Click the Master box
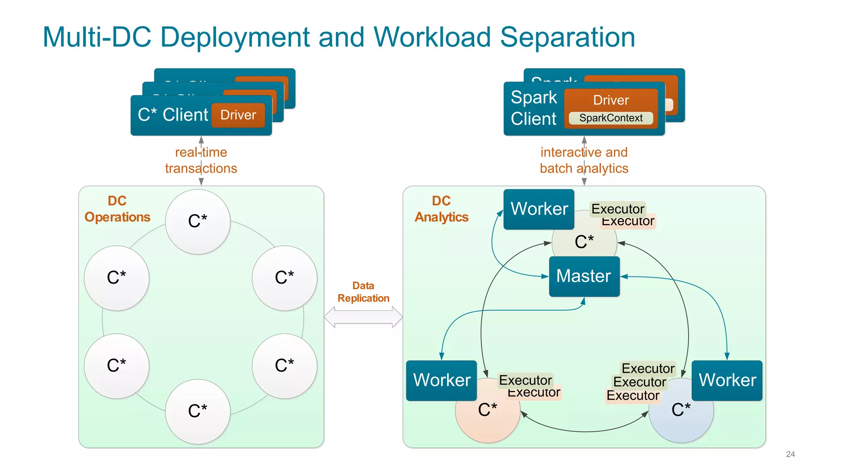click(x=584, y=276)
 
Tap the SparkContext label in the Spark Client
click(x=611, y=118)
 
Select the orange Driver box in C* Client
click(x=238, y=115)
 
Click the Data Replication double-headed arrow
click(x=363, y=317)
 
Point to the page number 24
click(x=790, y=454)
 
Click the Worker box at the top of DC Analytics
click(x=539, y=209)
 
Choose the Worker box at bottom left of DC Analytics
click(x=441, y=380)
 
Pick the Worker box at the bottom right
click(x=727, y=380)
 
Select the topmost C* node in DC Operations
click(x=197, y=221)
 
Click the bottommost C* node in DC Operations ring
click(x=197, y=412)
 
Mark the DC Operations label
click(x=117, y=209)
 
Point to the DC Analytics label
click(x=441, y=209)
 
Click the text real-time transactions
click(x=201, y=160)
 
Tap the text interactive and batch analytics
click(x=584, y=160)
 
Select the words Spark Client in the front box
click(x=534, y=108)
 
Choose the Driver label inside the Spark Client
click(x=611, y=100)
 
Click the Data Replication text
click(x=363, y=292)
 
